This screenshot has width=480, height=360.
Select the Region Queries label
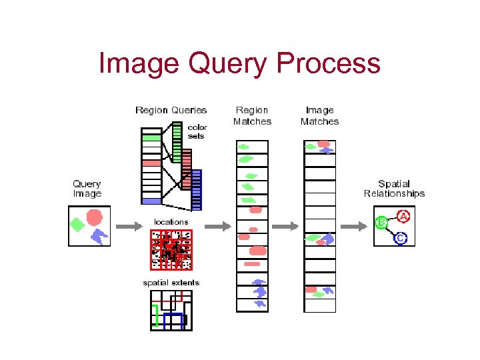click(171, 110)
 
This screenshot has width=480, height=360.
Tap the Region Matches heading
click(252, 115)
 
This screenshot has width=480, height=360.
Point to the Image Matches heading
click(319, 115)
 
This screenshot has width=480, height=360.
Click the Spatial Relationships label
click(394, 189)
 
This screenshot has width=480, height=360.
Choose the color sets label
click(197, 131)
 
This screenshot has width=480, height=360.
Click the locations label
click(171, 221)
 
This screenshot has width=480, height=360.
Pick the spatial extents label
click(171, 283)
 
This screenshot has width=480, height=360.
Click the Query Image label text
click(87, 189)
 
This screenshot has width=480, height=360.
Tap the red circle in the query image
click(95, 217)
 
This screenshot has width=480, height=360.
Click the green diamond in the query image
click(77, 225)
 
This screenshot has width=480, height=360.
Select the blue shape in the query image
click(99, 235)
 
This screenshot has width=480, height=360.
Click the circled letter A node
click(403, 216)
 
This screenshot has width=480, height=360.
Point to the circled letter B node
click(382, 223)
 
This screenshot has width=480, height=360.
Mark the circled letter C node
click(400, 237)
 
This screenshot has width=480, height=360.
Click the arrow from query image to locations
click(129, 227)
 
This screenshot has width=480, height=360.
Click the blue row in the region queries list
click(152, 201)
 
